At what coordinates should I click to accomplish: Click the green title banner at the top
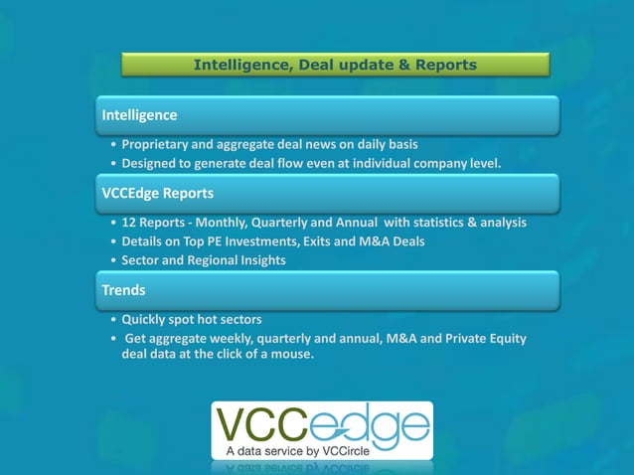coord(335,65)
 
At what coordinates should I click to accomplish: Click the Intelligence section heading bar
coord(327,115)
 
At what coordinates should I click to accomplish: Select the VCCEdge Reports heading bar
coord(327,193)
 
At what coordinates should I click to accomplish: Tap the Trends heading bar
coord(327,290)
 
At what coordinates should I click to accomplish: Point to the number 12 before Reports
coord(129,223)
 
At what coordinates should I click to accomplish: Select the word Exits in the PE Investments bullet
coord(317,241)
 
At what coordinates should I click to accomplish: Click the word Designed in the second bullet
coord(153,163)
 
